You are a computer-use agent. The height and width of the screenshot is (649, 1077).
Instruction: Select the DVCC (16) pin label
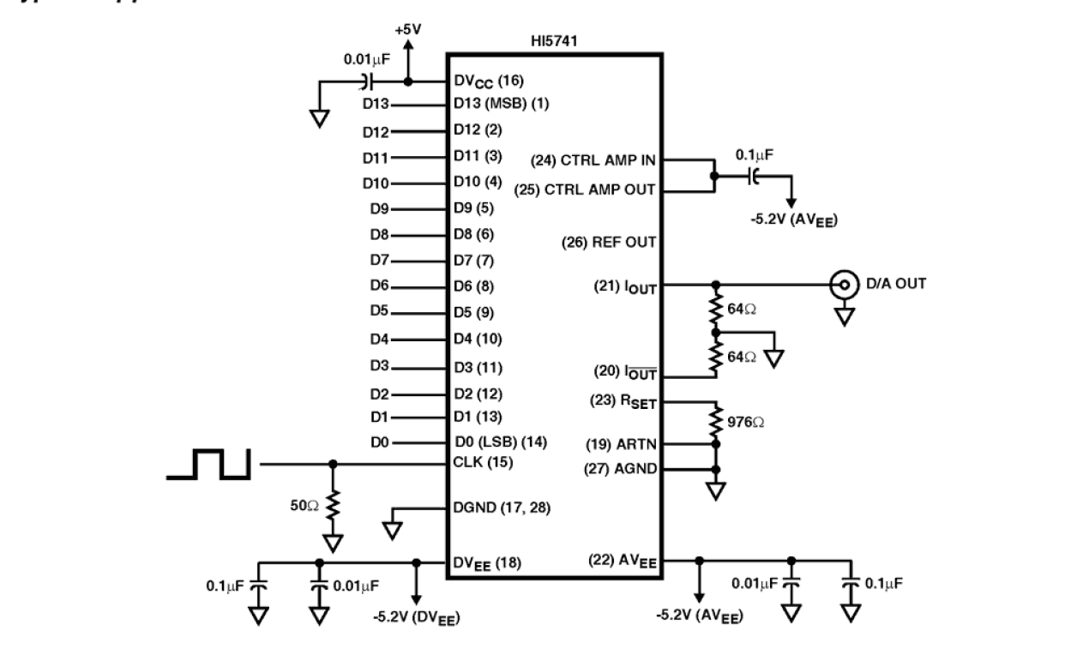(x=489, y=81)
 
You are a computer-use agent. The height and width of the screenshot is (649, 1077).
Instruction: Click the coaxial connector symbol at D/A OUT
(x=845, y=284)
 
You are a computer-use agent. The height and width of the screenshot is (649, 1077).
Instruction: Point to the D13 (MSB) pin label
(x=500, y=104)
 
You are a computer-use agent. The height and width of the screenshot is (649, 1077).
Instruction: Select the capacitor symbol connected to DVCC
(x=367, y=82)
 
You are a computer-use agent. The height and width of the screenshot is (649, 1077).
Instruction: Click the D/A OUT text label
(x=896, y=284)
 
